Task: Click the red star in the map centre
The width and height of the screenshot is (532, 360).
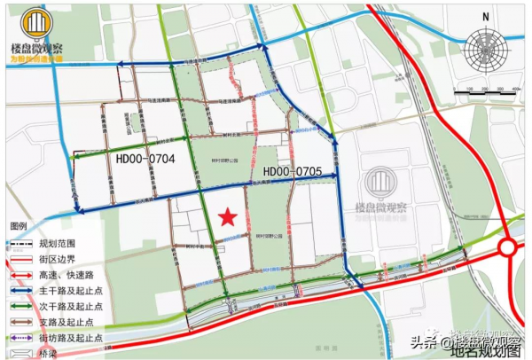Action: click(x=228, y=216)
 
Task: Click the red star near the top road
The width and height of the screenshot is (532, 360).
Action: click(x=231, y=61)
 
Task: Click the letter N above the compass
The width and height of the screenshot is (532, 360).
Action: click(x=486, y=17)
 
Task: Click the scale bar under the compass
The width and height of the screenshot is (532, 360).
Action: click(x=485, y=91)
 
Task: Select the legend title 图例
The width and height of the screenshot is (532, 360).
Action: click(x=20, y=226)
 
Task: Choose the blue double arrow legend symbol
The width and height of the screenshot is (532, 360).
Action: click(x=20, y=290)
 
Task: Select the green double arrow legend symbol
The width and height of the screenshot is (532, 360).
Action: click(x=20, y=306)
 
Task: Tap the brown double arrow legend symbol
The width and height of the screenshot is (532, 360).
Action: click(x=20, y=322)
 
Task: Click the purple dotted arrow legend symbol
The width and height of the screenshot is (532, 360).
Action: click(x=20, y=338)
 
